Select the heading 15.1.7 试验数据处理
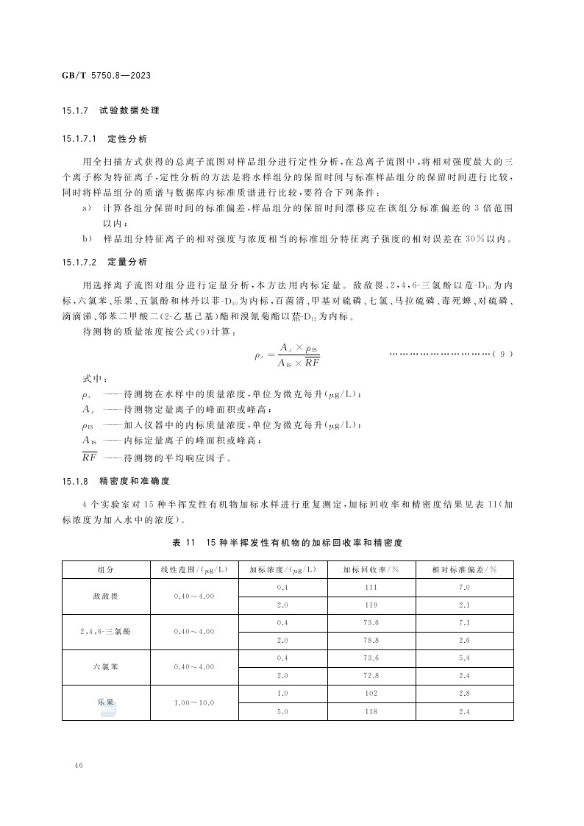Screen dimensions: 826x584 point(110,110)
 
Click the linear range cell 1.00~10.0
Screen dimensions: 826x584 point(194,702)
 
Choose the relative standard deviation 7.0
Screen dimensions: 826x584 point(463,587)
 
